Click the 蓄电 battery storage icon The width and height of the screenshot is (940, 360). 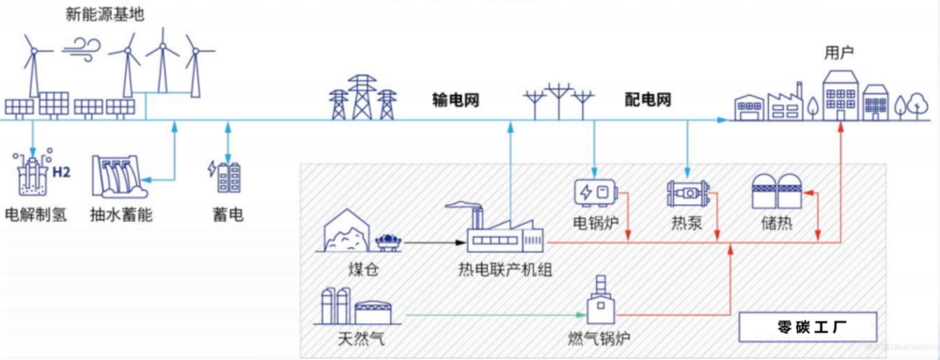tap(227, 177)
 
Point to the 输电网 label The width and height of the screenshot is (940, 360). tap(456, 100)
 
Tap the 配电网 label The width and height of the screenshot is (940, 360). tap(648, 100)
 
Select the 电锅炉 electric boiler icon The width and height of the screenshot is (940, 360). tap(597, 193)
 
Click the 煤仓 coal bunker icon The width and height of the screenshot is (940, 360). tap(346, 231)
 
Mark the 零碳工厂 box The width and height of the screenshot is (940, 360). tap(809, 328)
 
